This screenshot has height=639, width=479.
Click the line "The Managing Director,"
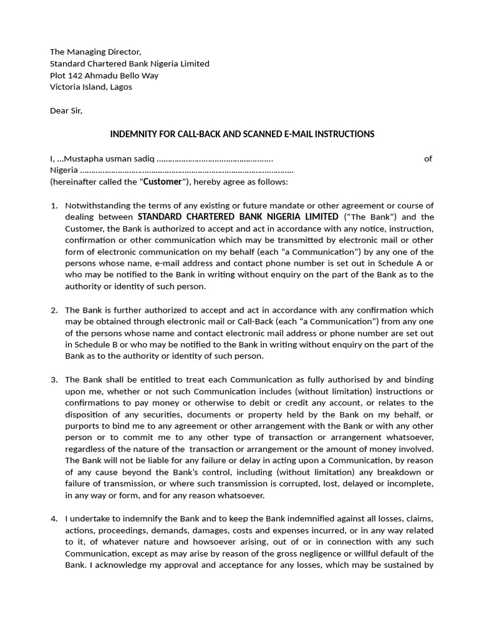pos(95,52)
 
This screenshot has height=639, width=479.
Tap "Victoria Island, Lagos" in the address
pos(91,87)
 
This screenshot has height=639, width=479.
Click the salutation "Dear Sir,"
pos(66,111)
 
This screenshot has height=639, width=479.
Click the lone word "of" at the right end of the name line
pos(428,159)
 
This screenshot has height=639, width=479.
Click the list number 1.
pos(54,205)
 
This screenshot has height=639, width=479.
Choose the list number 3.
pos(54,379)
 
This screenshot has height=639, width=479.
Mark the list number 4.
pos(54,519)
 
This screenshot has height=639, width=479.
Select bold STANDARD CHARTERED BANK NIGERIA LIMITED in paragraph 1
pos(238,217)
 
